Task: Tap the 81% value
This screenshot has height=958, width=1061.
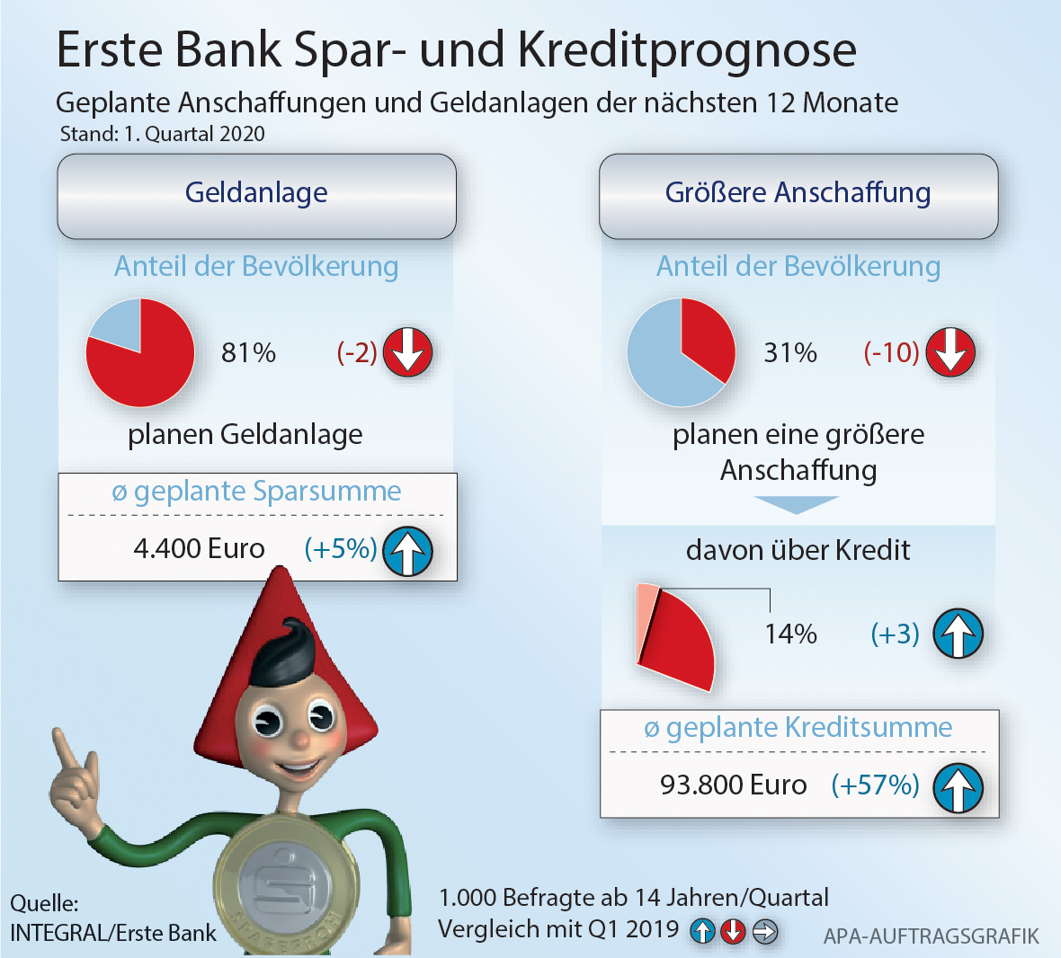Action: tap(248, 352)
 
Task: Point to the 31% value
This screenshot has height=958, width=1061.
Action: tap(790, 352)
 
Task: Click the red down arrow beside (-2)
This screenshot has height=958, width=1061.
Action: tap(408, 352)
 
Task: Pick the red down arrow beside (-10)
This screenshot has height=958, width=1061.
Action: tap(950, 352)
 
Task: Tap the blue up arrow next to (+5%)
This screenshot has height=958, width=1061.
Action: tap(408, 551)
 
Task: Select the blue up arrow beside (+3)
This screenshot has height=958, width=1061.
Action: tap(958, 634)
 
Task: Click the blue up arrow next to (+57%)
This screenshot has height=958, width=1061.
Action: tap(958, 787)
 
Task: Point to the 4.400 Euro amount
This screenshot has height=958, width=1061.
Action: tap(199, 548)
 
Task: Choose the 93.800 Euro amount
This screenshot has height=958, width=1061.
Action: tap(733, 785)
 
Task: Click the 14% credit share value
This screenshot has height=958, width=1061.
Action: tap(790, 634)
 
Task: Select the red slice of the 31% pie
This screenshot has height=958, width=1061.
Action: tap(706, 337)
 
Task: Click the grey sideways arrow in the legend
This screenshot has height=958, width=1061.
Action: tap(764, 931)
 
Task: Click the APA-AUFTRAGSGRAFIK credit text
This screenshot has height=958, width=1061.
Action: tap(931, 936)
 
